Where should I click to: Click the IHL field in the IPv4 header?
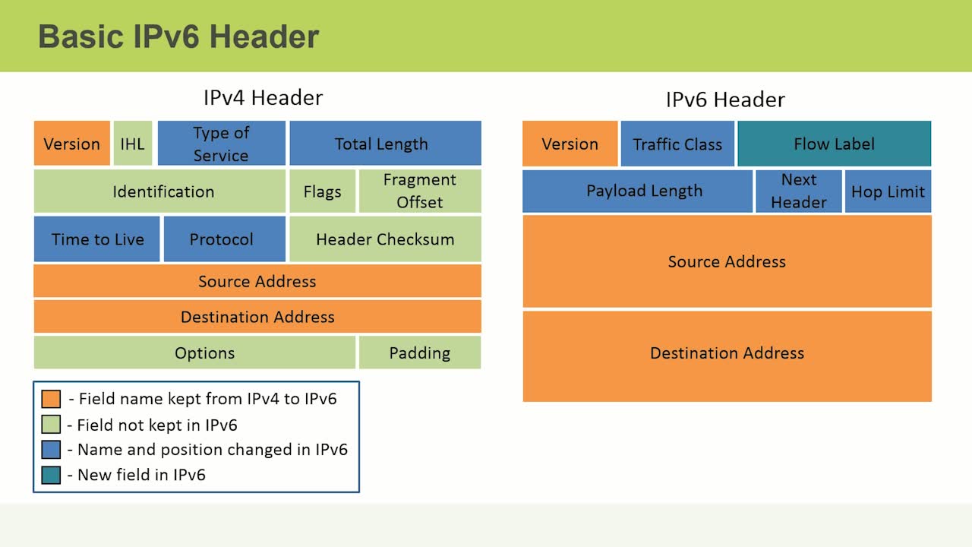point(132,144)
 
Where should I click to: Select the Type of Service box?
point(221,144)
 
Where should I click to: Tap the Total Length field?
point(385,144)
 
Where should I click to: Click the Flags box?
point(322,191)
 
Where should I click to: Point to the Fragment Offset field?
point(420,191)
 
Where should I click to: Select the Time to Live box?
point(97,239)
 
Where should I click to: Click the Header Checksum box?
point(385,239)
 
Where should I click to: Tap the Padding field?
point(420,353)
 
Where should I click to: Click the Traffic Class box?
point(677,144)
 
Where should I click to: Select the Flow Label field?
point(834,144)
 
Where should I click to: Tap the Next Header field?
point(799,191)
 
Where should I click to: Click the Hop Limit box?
point(888,191)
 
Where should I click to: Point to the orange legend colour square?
point(51,399)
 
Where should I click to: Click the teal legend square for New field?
point(51,475)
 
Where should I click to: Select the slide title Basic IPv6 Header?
point(178,36)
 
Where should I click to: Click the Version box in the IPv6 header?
point(570,144)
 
